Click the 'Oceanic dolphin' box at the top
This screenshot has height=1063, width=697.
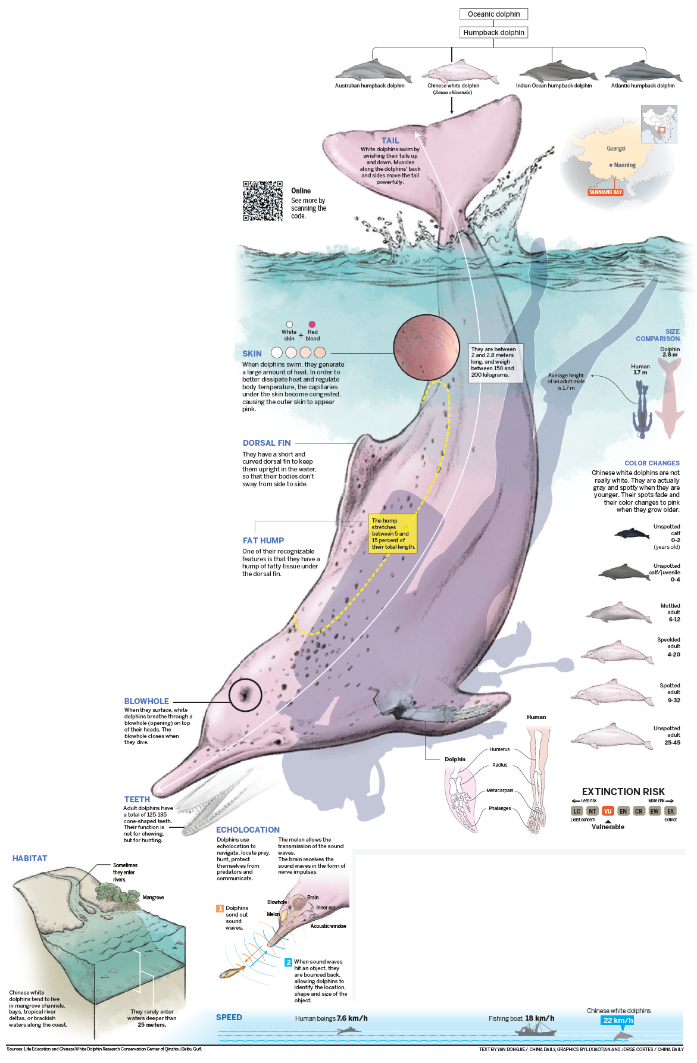pos(493,14)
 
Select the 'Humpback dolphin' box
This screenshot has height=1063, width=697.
pos(493,33)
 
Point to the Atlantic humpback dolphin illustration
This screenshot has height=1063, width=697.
pos(643,72)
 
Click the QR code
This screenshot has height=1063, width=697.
pos(262,201)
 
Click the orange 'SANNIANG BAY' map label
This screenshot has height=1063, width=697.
pos(605,192)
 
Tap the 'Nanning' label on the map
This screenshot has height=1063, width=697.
pos(624,165)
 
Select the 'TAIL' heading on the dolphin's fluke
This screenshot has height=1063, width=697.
pos(390,141)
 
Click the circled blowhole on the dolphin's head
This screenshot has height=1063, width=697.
pos(245,695)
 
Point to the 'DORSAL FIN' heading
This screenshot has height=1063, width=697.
pos(267,443)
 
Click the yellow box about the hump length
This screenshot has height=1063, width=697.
pos(392,534)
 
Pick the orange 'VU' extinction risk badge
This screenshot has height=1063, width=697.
pos(608,811)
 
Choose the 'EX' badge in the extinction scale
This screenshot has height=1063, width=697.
pos(670,811)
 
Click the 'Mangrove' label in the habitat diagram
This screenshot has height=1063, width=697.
pos(153,898)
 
